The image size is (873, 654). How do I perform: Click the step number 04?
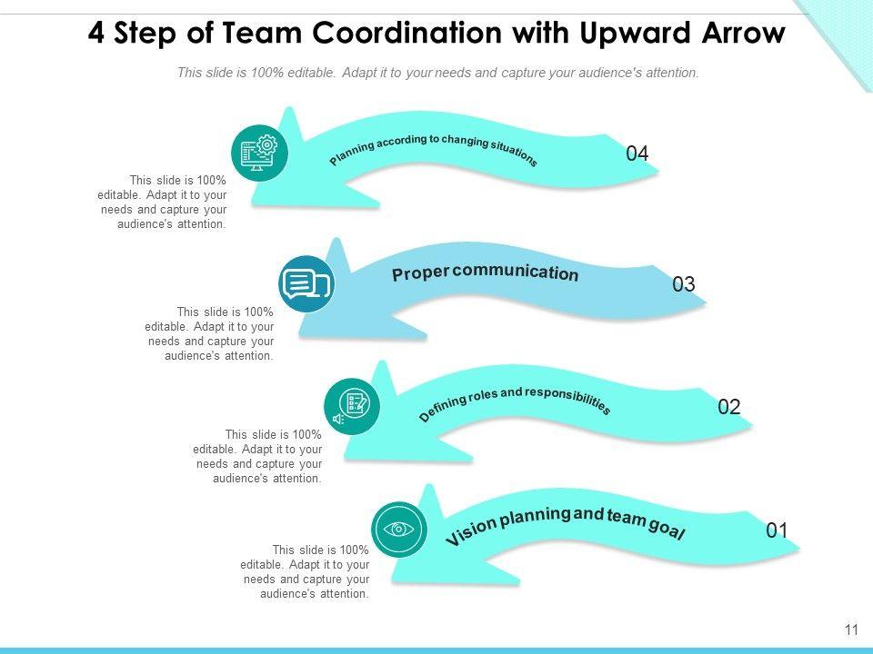tap(637, 154)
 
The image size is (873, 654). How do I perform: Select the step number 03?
tap(684, 284)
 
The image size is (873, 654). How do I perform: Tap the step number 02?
tap(729, 407)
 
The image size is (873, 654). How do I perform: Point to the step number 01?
tap(777, 530)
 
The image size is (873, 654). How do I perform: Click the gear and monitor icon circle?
tap(259, 152)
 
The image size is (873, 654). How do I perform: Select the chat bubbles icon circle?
tap(306, 284)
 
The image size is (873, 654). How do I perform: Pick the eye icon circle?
tap(398, 529)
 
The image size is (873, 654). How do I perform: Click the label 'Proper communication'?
tap(485, 273)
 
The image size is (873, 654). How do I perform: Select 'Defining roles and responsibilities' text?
tap(515, 401)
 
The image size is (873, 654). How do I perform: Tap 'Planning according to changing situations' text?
tap(433, 150)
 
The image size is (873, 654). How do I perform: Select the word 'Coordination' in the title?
tap(405, 34)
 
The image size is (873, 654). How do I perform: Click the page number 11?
tap(851, 629)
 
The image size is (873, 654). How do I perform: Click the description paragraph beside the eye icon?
tap(321, 572)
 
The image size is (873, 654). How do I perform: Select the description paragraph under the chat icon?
tap(225, 334)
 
